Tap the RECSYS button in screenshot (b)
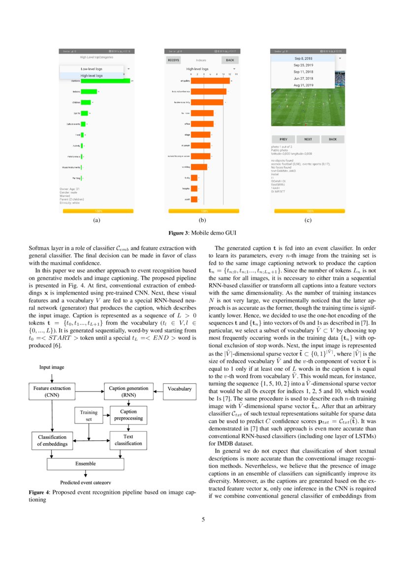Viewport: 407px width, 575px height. coord(173,60)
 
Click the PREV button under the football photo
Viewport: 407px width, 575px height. coord(283,139)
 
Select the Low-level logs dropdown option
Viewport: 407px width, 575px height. coord(92,69)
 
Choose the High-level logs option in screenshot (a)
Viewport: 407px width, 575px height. coord(92,76)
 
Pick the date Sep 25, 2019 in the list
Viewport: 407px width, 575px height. coord(303,65)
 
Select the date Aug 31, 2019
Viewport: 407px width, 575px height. coord(303,85)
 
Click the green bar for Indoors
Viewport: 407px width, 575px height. coord(89,91)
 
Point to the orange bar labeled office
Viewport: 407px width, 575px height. coord(202,123)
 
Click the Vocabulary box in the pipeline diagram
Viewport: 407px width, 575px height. coord(179,389)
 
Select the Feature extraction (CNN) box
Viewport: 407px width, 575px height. coord(51,391)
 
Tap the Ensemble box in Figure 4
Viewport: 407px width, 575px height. coord(86,463)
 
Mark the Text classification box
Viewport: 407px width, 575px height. coord(128,440)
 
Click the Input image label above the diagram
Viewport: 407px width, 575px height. coord(52,367)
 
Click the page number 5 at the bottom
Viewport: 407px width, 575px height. coord(203,518)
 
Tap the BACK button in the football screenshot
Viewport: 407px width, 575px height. coord(333,139)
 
